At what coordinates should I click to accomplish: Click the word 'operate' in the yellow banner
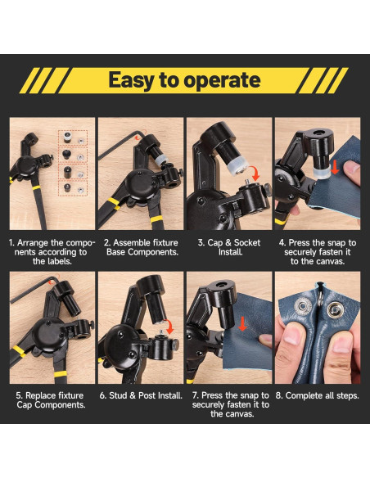click(222, 80)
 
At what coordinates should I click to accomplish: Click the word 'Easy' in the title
click(132, 80)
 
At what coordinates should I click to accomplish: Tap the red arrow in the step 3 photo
click(255, 173)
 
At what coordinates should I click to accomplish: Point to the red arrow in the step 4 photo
click(335, 168)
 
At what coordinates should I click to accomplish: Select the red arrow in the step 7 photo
click(242, 324)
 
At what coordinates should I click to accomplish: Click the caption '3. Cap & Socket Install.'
click(229, 247)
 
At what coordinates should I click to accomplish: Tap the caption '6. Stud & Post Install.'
click(141, 395)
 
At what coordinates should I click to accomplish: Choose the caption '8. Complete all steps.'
click(318, 395)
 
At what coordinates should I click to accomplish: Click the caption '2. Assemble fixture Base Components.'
click(141, 247)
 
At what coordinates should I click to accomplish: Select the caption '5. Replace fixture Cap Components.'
click(50, 400)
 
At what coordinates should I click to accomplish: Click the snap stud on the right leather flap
click(336, 309)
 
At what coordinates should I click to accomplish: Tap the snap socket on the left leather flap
click(303, 306)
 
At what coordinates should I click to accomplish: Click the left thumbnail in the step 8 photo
click(292, 336)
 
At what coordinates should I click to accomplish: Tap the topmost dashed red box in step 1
click(73, 138)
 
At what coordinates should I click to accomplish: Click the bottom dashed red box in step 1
click(73, 187)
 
